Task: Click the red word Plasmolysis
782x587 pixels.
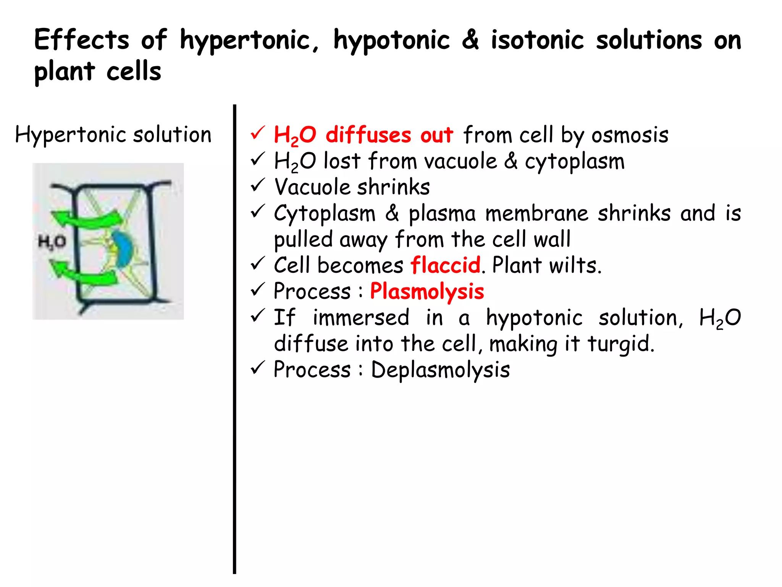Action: (x=427, y=291)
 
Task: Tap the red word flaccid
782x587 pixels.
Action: (x=445, y=265)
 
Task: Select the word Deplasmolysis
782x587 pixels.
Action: (x=440, y=370)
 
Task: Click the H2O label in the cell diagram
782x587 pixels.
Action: (x=52, y=242)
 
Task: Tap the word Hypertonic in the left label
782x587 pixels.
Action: (x=71, y=135)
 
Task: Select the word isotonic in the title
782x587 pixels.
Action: (x=537, y=40)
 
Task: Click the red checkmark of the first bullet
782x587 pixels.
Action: (x=258, y=133)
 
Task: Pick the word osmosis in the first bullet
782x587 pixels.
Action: (x=630, y=135)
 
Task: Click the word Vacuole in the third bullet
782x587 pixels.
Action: (x=312, y=187)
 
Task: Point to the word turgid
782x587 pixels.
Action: (x=620, y=344)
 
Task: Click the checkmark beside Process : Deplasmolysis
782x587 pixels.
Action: (x=258, y=368)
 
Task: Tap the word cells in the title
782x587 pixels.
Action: (x=134, y=71)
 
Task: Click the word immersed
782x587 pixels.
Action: (x=360, y=318)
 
